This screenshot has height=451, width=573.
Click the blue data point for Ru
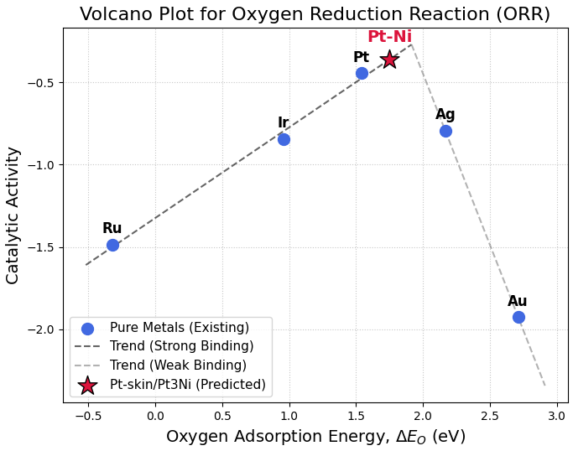click(112, 245)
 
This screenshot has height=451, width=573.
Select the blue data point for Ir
click(284, 139)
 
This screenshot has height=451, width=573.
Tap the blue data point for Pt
click(362, 73)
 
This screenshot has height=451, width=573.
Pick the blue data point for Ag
click(445, 131)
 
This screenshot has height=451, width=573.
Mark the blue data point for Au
click(518, 317)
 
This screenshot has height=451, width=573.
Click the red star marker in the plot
click(389, 59)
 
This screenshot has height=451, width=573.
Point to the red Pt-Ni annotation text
click(389, 37)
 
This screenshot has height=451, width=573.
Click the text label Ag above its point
click(445, 114)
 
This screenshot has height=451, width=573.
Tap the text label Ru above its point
click(112, 228)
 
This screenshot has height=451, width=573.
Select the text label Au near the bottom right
click(518, 301)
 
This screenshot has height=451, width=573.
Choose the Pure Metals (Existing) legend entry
click(179, 328)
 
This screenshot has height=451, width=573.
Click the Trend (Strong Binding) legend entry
click(181, 346)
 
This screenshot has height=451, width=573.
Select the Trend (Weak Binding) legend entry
click(178, 365)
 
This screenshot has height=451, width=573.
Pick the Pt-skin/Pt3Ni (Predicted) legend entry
click(187, 385)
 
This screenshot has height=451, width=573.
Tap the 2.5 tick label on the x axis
click(490, 416)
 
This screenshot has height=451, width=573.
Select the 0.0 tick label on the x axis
click(155, 416)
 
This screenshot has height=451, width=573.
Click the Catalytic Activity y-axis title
click(13, 215)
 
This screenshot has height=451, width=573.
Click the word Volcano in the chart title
click(115, 14)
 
